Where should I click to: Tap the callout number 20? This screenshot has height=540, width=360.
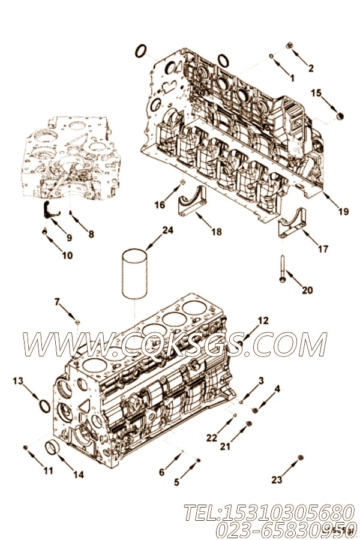coord(307,290)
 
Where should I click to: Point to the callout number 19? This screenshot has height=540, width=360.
coord(343,212)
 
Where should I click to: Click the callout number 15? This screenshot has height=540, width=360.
coord(316,93)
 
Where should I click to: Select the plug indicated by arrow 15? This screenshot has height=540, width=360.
coord(341,116)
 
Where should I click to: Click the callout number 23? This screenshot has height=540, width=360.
coord(276,479)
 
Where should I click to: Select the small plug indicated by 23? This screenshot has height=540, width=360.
coord(301,458)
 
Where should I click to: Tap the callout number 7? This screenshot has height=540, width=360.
coord(58,302)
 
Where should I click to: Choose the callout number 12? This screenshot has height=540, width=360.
coord(263,320)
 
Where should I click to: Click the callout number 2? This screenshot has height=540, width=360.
coord(311,68)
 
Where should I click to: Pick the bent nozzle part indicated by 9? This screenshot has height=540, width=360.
coord(49,211)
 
